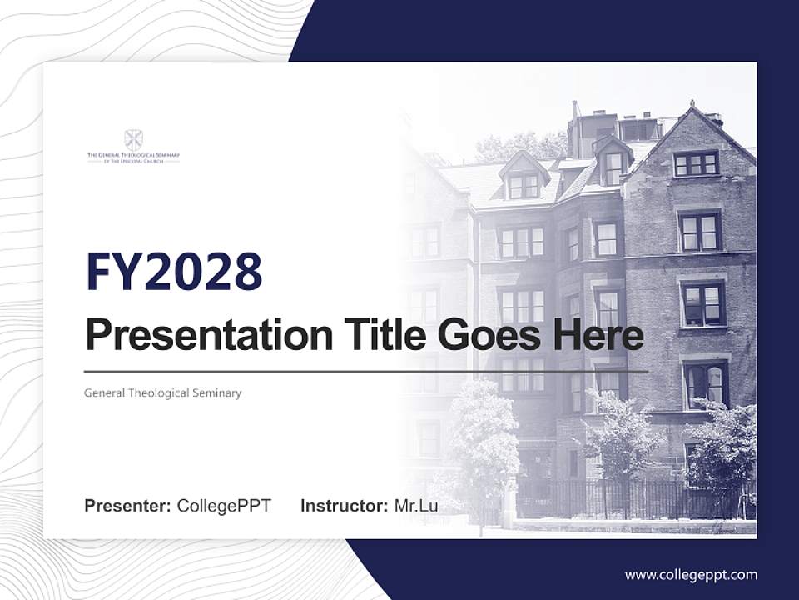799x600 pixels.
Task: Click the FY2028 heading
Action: (x=174, y=272)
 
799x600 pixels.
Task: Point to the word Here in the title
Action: (x=601, y=336)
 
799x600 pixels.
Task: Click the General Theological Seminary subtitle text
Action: (x=163, y=392)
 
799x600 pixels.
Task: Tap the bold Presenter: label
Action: (x=128, y=506)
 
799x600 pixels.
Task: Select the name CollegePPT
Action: (x=224, y=506)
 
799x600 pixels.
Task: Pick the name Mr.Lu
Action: (x=416, y=506)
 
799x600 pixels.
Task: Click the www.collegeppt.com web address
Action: (x=691, y=574)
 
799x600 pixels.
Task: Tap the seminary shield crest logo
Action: (x=133, y=139)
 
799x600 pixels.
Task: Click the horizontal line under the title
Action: (x=366, y=371)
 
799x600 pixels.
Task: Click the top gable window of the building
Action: (x=696, y=162)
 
